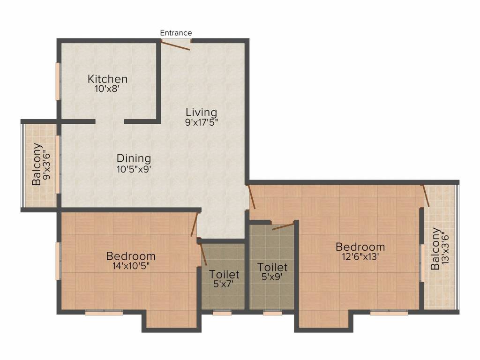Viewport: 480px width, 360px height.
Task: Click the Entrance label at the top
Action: coord(176,33)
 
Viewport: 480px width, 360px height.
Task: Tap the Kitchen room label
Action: coord(107,79)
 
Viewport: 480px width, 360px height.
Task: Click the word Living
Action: coord(201,112)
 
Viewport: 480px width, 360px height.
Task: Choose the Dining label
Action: coord(134,158)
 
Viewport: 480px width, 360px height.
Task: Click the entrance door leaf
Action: coord(175,45)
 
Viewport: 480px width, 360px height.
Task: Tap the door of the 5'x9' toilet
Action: coord(282,226)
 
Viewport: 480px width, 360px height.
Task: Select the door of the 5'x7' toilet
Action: coord(203,254)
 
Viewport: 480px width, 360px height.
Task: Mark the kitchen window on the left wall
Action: coord(59,81)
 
